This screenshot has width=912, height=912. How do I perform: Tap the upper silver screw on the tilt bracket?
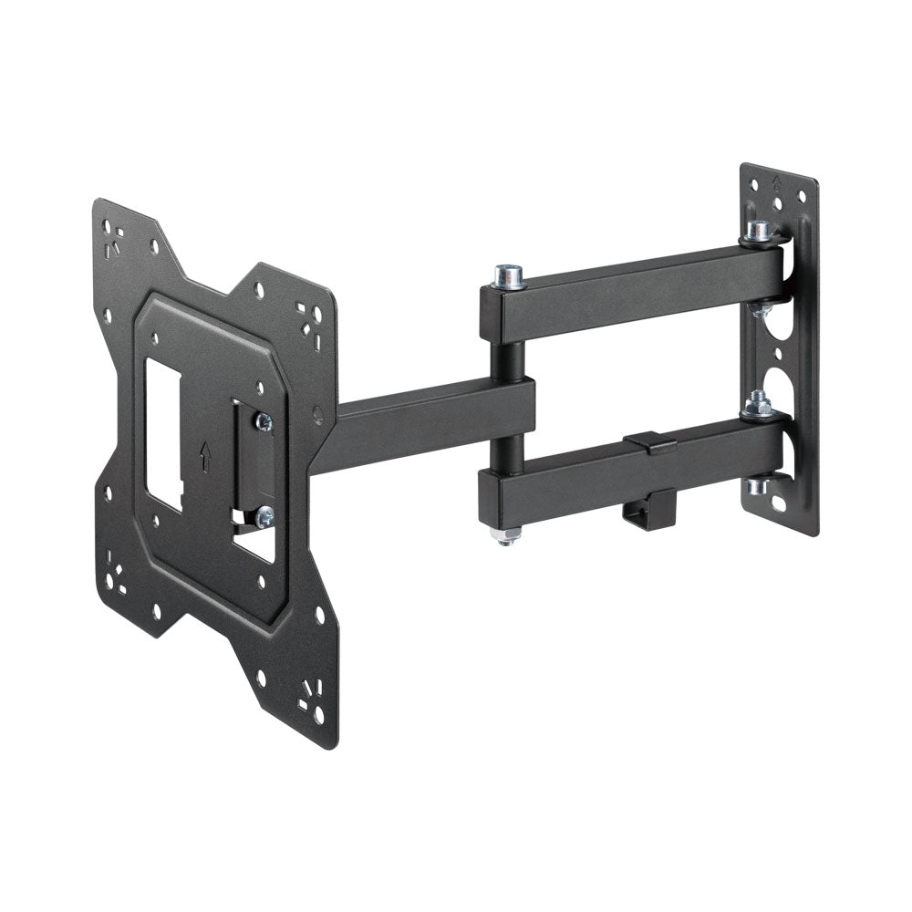264,421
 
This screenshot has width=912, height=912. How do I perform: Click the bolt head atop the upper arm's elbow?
509,274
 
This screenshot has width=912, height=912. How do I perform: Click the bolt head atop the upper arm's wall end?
757,231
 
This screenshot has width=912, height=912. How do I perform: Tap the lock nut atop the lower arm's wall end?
756,402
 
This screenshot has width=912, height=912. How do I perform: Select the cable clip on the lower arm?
649,444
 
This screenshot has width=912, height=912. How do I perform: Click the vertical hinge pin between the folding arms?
508,347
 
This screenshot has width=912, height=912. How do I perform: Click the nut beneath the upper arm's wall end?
758,310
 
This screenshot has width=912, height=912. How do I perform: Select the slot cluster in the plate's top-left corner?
113,241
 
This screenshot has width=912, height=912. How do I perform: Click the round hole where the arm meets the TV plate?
317,415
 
